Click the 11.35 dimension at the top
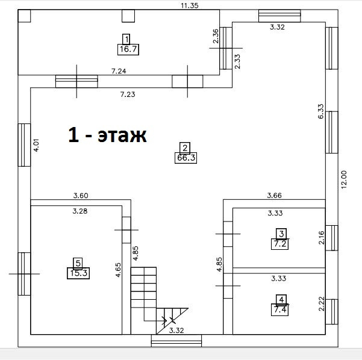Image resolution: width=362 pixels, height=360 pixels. click(190, 5)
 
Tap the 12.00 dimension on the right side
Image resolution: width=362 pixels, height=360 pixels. click(344, 179)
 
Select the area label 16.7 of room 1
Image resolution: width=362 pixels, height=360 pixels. click(128, 49)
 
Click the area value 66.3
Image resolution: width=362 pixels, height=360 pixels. click(186, 158)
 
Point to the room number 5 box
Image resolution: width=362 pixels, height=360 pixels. click(78, 263)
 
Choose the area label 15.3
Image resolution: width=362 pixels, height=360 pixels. click(78, 273)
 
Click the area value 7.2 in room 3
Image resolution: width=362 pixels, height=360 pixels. click(280, 244)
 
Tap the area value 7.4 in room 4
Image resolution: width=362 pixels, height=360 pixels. click(280, 310)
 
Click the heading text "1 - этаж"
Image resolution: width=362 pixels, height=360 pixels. click(107, 135)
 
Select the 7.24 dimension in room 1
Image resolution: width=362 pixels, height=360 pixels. click(119, 71)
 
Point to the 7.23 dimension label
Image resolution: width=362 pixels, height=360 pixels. click(128, 95)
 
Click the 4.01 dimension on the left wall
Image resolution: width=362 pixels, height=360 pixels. click(37, 144)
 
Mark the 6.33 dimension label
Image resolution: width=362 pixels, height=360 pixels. click(321, 111)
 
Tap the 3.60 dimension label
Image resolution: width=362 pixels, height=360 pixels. click(81, 196)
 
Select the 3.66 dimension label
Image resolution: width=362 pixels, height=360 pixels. click(274, 196)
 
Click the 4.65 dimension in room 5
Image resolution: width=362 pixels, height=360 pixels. click(118, 270)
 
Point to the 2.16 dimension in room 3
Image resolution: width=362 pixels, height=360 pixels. click(322, 238)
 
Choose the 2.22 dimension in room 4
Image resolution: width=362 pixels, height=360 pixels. click(322, 304)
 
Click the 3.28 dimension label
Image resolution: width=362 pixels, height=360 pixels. click(80, 211)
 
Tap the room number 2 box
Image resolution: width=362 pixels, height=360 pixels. click(185, 148)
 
